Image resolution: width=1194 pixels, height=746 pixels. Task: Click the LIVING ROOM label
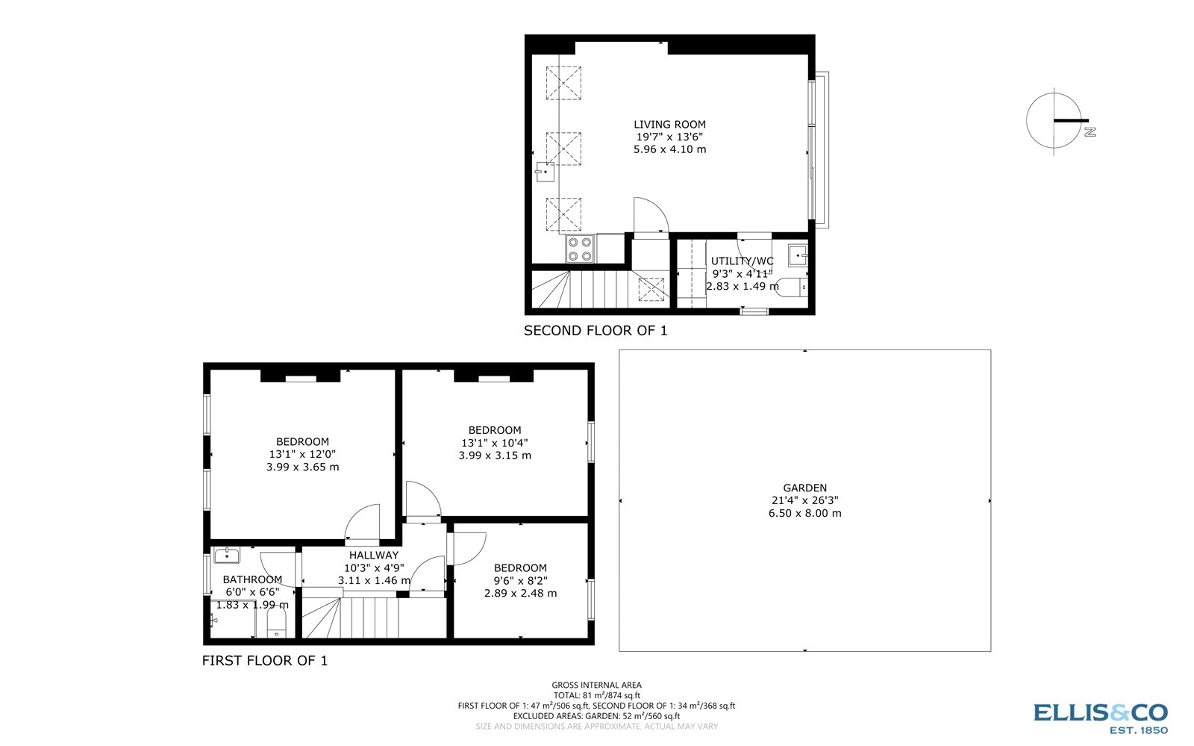click(669, 125)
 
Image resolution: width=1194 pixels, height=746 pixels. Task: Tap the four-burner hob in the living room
click(580, 248)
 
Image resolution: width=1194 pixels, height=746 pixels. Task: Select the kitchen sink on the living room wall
click(544, 172)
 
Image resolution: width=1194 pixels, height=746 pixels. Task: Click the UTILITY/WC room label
click(742, 261)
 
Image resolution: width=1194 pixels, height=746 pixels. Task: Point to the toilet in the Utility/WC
click(792, 286)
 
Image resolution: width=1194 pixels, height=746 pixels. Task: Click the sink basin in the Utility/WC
click(798, 256)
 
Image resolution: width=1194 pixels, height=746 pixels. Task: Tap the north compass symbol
click(1054, 121)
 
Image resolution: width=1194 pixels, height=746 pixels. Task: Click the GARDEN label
click(804, 488)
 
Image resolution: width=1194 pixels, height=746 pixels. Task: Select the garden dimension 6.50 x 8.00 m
click(804, 514)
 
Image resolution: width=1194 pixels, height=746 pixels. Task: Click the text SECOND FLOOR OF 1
click(596, 331)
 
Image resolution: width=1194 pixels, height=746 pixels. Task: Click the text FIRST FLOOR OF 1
click(265, 661)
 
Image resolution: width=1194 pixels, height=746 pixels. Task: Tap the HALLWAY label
click(374, 555)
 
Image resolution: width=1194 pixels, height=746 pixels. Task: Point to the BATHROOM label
click(252, 579)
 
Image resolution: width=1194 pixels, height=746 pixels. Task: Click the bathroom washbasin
click(225, 556)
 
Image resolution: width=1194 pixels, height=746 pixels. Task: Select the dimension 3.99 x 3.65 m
click(302, 467)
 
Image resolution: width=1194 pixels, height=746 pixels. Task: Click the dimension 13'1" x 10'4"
click(494, 443)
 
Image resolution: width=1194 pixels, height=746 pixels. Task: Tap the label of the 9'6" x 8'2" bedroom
click(520, 568)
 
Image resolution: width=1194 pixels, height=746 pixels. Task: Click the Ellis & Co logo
click(1100, 718)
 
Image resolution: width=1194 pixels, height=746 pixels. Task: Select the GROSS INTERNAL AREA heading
click(596, 685)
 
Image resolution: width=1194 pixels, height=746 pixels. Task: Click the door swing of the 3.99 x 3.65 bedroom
click(363, 523)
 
